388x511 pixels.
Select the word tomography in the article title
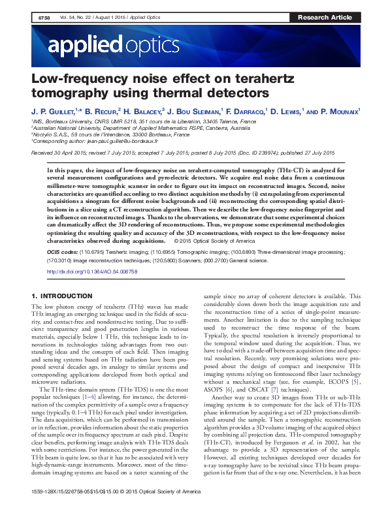69,95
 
